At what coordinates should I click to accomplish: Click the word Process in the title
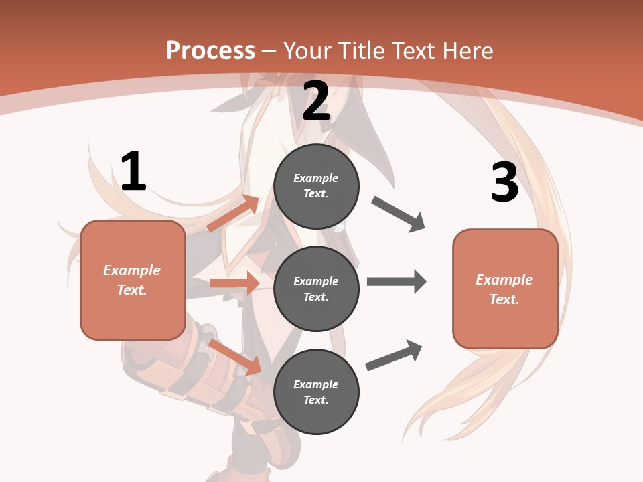pos(210,50)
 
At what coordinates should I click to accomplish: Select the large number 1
pos(133,172)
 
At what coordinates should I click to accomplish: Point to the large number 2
pos(316,101)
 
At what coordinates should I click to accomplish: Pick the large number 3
pos(504,182)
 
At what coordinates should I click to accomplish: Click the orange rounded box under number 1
pos(133,280)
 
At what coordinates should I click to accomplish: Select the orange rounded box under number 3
pos(505,289)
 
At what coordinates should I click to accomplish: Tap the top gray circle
pos(316,186)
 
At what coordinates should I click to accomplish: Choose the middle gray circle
pos(316,289)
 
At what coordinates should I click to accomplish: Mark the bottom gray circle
pos(316,392)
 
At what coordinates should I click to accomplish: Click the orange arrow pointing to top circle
pos(233,214)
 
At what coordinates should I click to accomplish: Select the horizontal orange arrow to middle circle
pos(234,283)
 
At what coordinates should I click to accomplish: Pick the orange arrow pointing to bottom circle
pos(235,357)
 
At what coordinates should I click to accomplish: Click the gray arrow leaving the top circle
pos(399,214)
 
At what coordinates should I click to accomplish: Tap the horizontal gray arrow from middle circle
pos(397,281)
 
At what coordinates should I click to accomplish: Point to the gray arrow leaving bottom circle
pos(394,355)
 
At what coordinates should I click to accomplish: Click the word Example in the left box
pos(132,270)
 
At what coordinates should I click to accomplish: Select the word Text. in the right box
pos(504,299)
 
